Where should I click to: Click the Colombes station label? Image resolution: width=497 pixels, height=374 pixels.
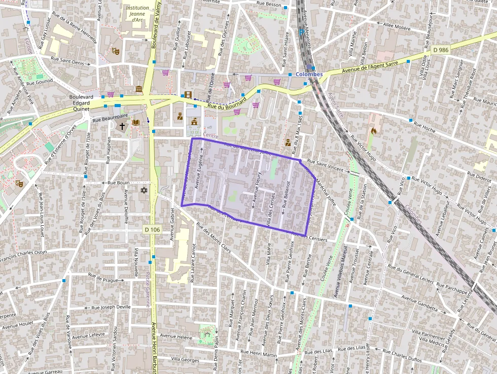point(309,74)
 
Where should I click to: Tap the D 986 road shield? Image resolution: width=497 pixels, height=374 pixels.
point(441,50)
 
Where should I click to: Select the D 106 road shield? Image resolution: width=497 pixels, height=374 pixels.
point(152,230)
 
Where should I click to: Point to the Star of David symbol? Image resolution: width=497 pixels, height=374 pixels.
point(144,190)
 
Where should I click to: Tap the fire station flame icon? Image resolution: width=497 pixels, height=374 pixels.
point(374,130)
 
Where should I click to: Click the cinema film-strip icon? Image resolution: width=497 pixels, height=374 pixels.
point(188,94)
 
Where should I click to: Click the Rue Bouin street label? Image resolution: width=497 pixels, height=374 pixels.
point(119,182)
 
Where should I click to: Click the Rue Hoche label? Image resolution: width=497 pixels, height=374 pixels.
point(424,126)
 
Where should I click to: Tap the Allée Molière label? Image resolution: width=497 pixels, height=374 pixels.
point(397,26)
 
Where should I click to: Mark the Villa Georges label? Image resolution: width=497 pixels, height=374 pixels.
point(185,359)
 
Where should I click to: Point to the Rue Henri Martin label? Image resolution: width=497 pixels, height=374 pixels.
point(262,353)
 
